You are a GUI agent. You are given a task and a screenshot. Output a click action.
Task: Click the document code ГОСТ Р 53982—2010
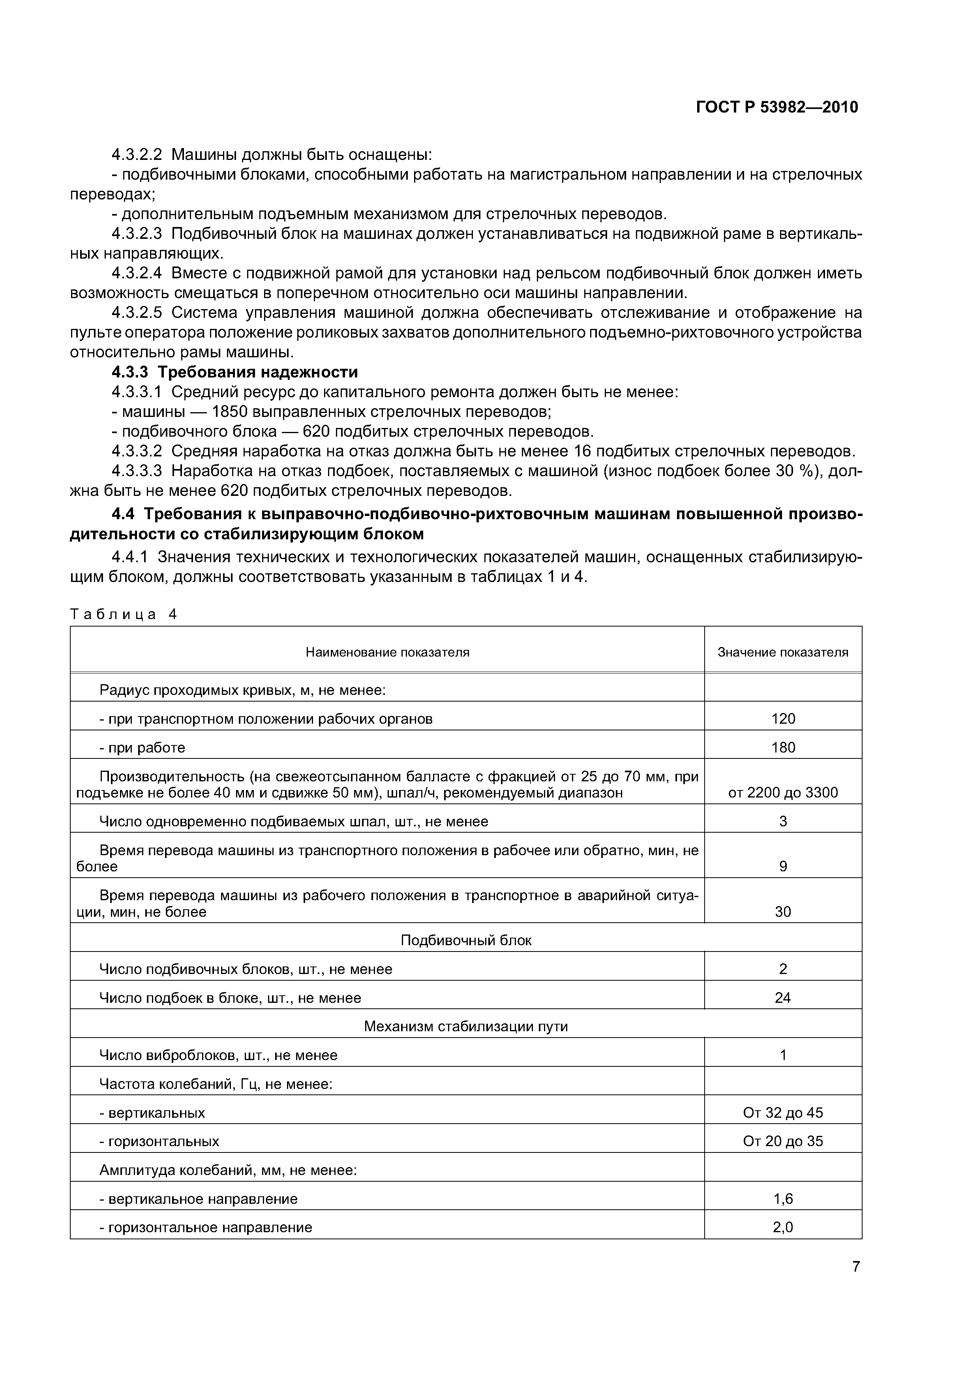pyautogui.click(x=776, y=107)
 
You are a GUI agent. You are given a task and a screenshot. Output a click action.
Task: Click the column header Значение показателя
pyautogui.click(x=782, y=652)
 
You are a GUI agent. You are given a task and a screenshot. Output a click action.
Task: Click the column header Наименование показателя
pyautogui.click(x=387, y=652)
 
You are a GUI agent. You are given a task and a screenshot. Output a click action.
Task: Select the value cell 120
pyautogui.click(x=783, y=719)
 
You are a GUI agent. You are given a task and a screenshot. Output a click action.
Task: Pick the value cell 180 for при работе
pyautogui.click(x=783, y=747)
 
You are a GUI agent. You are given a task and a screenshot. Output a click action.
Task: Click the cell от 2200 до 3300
pyautogui.click(x=783, y=793)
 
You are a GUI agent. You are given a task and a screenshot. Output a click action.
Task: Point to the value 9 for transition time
pyautogui.click(x=783, y=866)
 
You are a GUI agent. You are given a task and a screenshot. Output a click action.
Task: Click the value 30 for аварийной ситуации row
pyautogui.click(x=783, y=912)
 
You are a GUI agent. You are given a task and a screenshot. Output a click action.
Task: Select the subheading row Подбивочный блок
pyautogui.click(x=466, y=940)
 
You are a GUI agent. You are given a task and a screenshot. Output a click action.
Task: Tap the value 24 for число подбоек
pyautogui.click(x=783, y=998)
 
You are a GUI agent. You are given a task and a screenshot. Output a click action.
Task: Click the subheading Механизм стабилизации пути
pyautogui.click(x=466, y=1026)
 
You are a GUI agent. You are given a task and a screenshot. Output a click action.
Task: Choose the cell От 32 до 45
pyautogui.click(x=783, y=1112)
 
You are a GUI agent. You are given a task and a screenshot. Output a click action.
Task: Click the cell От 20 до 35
pyautogui.click(x=783, y=1141)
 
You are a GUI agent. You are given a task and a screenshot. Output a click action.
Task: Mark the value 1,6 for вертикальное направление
pyautogui.click(x=783, y=1199)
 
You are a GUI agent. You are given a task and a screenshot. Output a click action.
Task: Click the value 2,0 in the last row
pyautogui.click(x=783, y=1227)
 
